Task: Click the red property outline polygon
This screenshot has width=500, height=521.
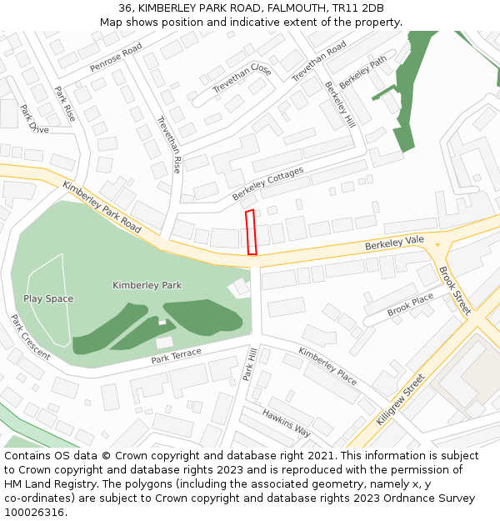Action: click(251, 233)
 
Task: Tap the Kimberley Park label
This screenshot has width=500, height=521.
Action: click(147, 285)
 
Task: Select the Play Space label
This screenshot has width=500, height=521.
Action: click(48, 298)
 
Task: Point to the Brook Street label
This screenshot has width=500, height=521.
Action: click(455, 289)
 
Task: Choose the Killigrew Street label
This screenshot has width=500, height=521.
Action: click(400, 399)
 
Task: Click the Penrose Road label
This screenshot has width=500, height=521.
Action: click(117, 59)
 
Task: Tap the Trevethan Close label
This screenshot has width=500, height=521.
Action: click(242, 78)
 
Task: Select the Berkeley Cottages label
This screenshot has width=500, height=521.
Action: click(267, 183)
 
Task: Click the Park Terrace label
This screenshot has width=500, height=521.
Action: click(176, 357)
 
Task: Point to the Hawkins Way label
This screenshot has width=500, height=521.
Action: click(286, 423)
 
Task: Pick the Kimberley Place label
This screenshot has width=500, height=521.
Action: click(327, 365)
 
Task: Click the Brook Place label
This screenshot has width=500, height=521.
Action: click(410, 303)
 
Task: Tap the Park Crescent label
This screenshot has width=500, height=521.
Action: click(30, 337)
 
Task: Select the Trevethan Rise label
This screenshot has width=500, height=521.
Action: click(169, 144)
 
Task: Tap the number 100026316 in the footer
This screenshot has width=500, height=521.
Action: click(35, 512)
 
